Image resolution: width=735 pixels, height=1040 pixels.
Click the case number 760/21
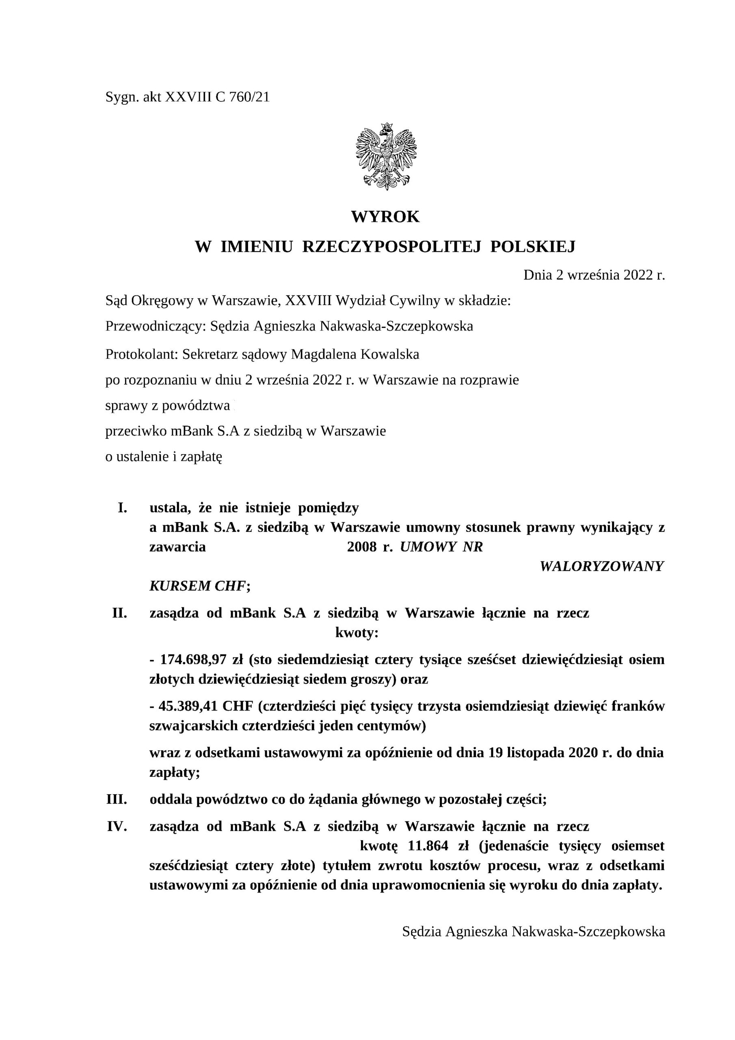(249, 97)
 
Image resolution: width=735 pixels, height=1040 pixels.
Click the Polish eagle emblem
(386, 156)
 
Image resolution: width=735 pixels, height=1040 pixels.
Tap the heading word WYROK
(385, 217)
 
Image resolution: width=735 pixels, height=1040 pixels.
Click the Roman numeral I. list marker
(122, 508)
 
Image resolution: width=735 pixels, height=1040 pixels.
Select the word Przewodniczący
(156, 326)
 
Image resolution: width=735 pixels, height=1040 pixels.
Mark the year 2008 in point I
(362, 547)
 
